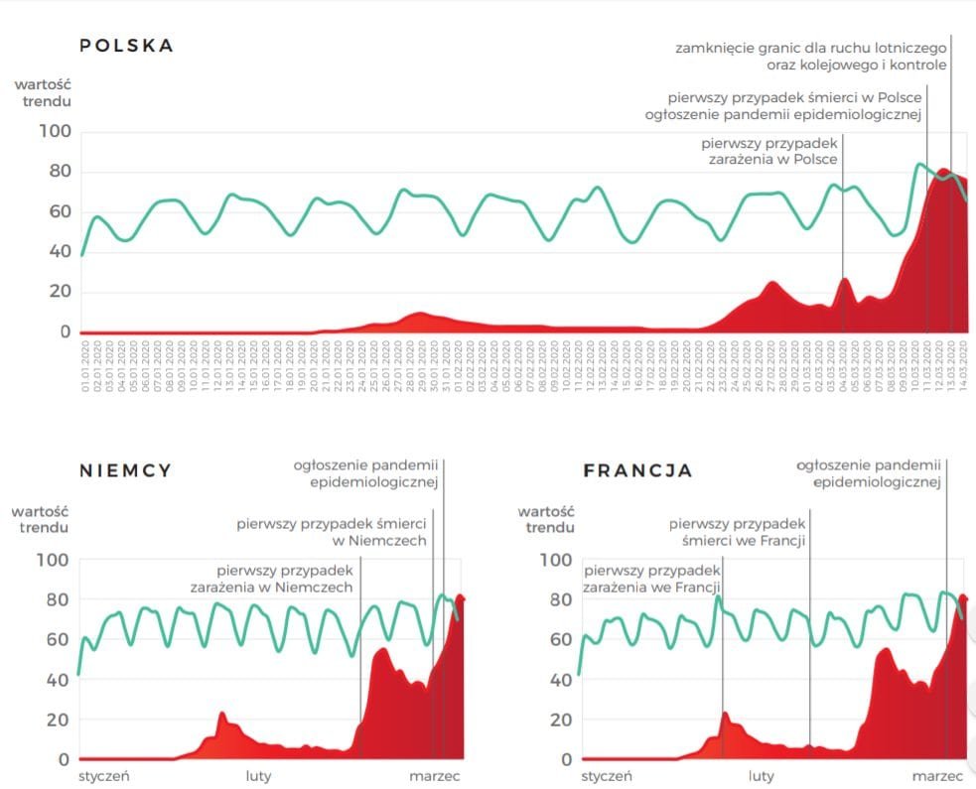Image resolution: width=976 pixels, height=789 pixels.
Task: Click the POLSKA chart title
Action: [126, 46]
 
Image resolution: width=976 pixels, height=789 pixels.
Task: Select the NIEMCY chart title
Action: [126, 470]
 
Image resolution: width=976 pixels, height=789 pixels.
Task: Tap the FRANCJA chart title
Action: [637, 470]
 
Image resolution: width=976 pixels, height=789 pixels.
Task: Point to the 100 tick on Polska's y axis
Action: [55, 132]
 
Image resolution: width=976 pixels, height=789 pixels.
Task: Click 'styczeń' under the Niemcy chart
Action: [104, 776]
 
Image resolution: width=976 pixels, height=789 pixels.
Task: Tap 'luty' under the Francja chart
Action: [762, 776]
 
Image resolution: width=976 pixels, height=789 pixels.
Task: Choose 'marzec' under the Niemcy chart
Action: [435, 776]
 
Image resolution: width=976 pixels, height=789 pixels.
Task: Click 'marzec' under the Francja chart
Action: [938, 776]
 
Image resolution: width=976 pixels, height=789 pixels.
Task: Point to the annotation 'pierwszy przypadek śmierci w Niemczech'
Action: [332, 532]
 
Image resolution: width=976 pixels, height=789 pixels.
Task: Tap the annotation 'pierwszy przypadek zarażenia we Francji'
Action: [651, 580]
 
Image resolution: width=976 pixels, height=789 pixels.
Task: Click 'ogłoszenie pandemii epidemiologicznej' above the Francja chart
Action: [869, 472]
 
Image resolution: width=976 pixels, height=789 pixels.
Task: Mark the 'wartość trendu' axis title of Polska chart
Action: [42, 92]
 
